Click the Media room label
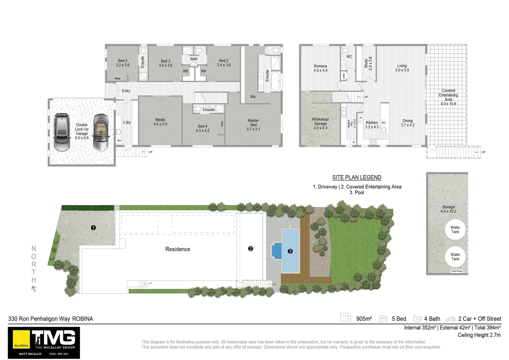tap(160, 122)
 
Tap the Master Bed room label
tap(254, 125)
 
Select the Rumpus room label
tap(320, 68)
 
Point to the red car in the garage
tap(62, 132)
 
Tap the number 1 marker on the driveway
tap(94, 228)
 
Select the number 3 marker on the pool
tap(290, 251)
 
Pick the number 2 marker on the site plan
tap(251, 249)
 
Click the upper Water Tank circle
tap(455, 230)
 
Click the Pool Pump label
tap(457, 271)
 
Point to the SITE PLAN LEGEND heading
tap(356, 178)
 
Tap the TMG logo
tap(53, 338)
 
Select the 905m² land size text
tap(364, 319)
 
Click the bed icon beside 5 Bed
tap(383, 319)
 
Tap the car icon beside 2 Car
tap(450, 319)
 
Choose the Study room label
tap(368, 63)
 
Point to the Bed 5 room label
tap(123, 63)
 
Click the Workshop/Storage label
tap(320, 123)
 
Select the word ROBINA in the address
tap(83, 319)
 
